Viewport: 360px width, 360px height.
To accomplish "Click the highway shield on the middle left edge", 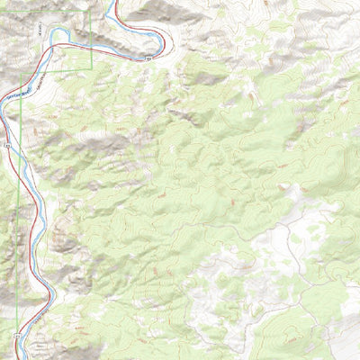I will pyautogui.click(x=6, y=143).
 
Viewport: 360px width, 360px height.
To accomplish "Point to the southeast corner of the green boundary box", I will pyautogui.click(x=92, y=70).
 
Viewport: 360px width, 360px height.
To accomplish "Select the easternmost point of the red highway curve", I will pyautogui.click(x=165, y=36).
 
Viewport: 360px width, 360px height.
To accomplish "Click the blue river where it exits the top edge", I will pyautogui.click(x=114, y=3).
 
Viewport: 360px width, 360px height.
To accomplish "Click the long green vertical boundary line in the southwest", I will pyautogui.click(x=20, y=270).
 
